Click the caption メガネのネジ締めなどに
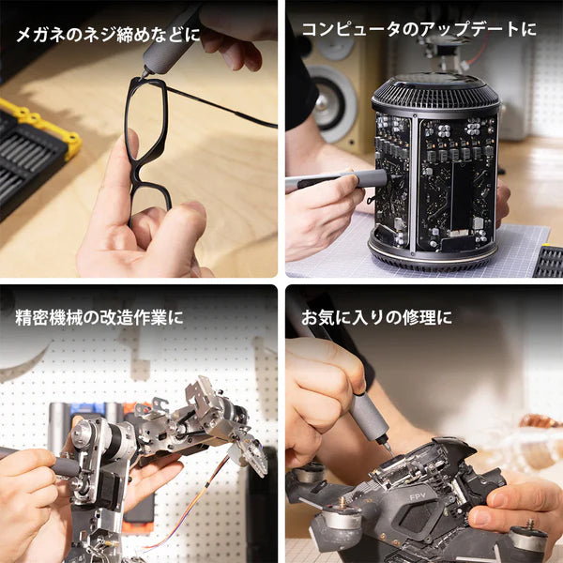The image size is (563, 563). tap(107, 36)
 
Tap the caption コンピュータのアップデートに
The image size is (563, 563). tap(418, 29)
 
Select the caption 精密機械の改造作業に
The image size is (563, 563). tap(99, 317)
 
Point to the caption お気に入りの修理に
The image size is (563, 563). tap(375, 317)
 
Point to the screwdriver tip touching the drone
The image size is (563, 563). tap(388, 449)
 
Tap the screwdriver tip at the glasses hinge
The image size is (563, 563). tap(144, 74)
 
